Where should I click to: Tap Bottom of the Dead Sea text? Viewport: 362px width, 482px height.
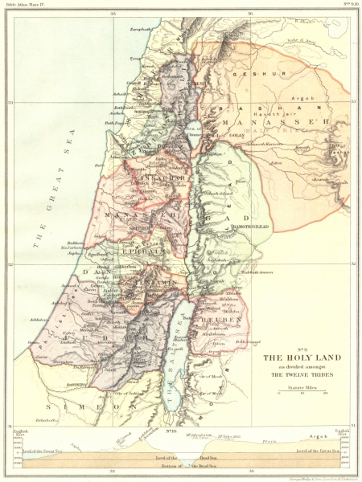(181, 467)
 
